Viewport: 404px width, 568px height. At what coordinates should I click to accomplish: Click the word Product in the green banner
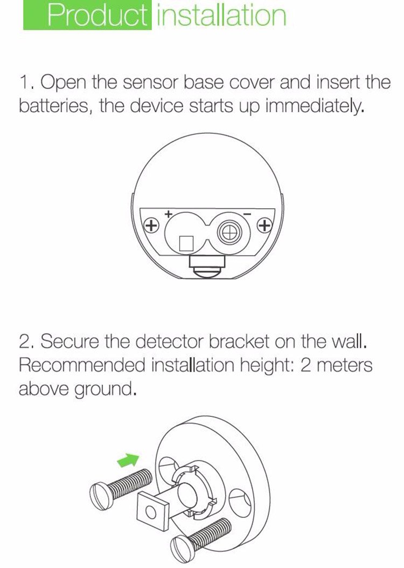click(97, 15)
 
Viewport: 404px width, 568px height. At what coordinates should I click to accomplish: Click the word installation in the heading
click(220, 15)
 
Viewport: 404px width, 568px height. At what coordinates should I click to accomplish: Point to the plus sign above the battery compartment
click(168, 214)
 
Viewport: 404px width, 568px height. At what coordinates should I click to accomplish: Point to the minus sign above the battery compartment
click(247, 214)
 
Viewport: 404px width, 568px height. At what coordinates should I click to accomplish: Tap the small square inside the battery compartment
click(186, 243)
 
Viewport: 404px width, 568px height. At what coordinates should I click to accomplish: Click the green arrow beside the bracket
click(128, 460)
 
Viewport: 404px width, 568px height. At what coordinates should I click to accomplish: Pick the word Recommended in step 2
click(82, 365)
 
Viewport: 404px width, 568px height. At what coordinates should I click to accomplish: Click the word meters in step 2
click(344, 365)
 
